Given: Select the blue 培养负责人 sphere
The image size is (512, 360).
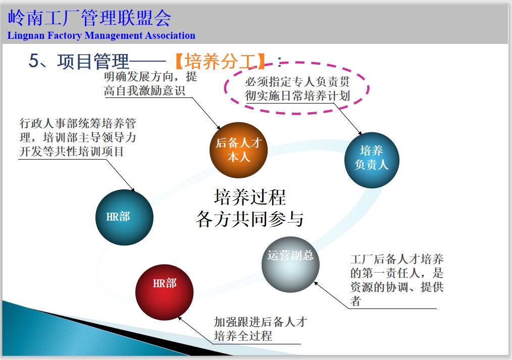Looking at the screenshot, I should pos(372,160).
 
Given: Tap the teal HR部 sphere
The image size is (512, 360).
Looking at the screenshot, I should pos(124,217).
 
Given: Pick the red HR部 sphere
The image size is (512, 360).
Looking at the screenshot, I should pos(165,291).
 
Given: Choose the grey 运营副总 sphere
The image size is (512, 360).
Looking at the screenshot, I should pos(290,264).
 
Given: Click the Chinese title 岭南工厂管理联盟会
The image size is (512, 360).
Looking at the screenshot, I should pos(90,18).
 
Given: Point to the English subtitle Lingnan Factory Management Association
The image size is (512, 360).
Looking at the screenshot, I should pos(101,36).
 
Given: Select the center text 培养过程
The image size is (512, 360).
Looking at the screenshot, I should pos(249,197).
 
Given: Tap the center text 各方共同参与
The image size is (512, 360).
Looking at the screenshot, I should pos(249,220).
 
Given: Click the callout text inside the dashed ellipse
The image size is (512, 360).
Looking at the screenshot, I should pos(297,89).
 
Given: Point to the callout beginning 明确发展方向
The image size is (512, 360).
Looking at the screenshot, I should pos(150,84).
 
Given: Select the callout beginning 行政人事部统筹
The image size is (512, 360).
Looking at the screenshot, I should pos(77,137).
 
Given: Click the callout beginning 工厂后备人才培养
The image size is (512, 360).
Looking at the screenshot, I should pos(397,280).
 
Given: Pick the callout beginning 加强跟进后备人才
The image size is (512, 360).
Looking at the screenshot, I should pos(260,329).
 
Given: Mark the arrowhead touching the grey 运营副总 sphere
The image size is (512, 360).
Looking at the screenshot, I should pos(317,283).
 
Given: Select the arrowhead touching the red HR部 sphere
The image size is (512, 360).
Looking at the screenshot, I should pos(180,318).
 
